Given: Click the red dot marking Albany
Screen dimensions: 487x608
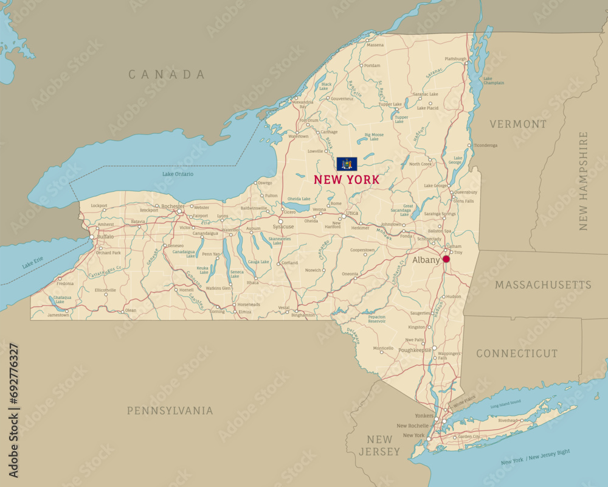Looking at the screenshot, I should (446, 259).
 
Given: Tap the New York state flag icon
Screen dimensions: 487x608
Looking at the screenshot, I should (347, 164).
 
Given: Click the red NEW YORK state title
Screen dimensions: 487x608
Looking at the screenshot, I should (347, 180).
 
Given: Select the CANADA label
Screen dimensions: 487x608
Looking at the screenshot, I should (167, 74).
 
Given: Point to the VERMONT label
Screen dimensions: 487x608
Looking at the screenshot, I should (518, 124).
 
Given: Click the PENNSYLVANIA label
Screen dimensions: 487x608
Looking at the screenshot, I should (170, 410).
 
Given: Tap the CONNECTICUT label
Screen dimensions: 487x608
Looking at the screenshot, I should (516, 354).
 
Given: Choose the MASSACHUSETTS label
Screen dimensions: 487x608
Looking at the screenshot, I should (543, 285).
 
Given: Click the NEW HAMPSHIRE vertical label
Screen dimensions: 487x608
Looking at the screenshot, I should (584, 181).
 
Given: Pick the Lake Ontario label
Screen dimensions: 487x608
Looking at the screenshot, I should (178, 174).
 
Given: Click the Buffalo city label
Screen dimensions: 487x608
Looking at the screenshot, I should (105, 236).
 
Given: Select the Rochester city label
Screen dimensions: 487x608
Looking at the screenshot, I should (173, 206).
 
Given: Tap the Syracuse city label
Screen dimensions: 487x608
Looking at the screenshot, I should (283, 226).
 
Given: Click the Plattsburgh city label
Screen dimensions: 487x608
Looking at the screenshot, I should (455, 59).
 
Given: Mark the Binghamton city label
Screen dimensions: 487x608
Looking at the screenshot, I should (303, 315).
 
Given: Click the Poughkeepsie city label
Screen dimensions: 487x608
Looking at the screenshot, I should (415, 350).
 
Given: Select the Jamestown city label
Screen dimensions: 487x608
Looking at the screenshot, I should (58, 315).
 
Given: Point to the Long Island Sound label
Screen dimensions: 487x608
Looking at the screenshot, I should (505, 403).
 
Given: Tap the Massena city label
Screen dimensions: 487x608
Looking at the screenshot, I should (375, 45).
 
